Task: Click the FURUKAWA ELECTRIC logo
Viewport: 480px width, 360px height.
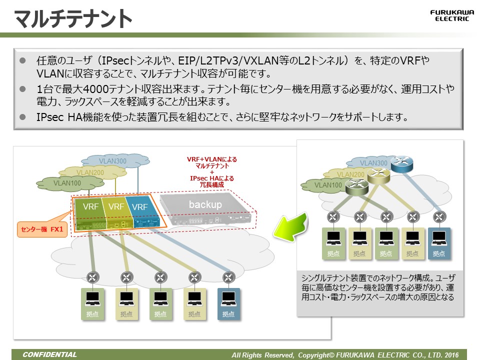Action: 449,15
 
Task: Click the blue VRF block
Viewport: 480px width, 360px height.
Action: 139,206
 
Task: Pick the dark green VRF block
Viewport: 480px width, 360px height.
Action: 90,206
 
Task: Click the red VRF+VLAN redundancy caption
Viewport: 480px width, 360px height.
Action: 212,171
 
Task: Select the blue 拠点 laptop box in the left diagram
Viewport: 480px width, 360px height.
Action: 228,303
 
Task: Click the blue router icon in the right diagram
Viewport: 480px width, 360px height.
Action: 399,163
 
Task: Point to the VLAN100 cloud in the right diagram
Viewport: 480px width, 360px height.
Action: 328,185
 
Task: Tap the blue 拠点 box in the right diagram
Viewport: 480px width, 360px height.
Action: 439,243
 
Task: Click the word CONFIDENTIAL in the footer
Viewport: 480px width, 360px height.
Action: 50,355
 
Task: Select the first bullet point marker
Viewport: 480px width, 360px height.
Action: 22,60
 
